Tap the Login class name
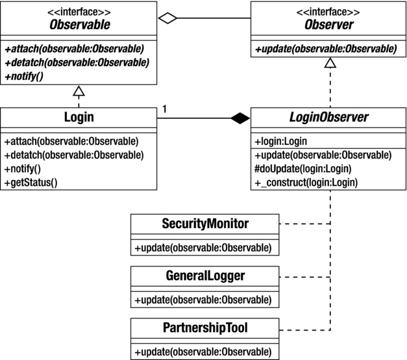coord(79,118)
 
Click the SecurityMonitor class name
coord(205,224)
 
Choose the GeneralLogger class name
coord(205,276)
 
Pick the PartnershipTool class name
coord(205,328)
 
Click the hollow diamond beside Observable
coord(168,19)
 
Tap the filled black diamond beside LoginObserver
coord(241,118)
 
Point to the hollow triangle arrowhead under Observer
coord(329,62)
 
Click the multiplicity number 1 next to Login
coord(165,109)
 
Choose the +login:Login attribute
coord(280,141)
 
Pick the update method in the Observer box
coord(325,48)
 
